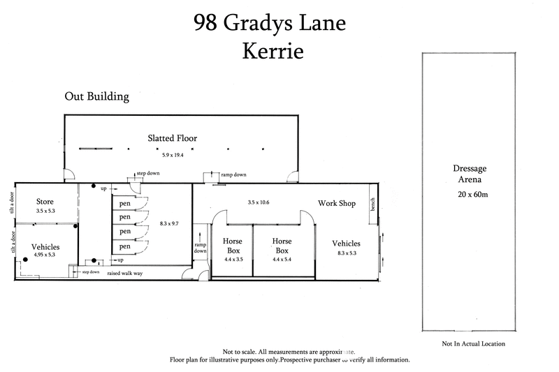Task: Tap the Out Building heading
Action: [x=97, y=97]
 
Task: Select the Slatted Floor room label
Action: [x=172, y=138]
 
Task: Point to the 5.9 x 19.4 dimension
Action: [x=172, y=155]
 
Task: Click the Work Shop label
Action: [x=337, y=204]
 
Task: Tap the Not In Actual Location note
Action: [x=473, y=344]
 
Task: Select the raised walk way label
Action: [x=125, y=273]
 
